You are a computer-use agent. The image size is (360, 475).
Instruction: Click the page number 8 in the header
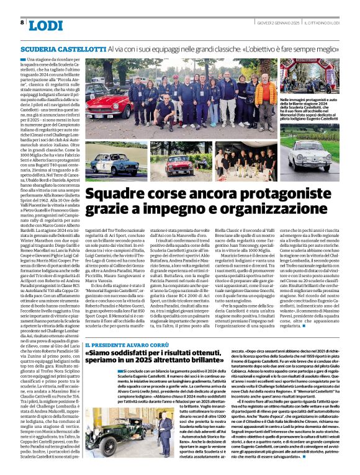point(22,22)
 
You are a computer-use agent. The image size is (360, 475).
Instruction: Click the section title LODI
point(46,25)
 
